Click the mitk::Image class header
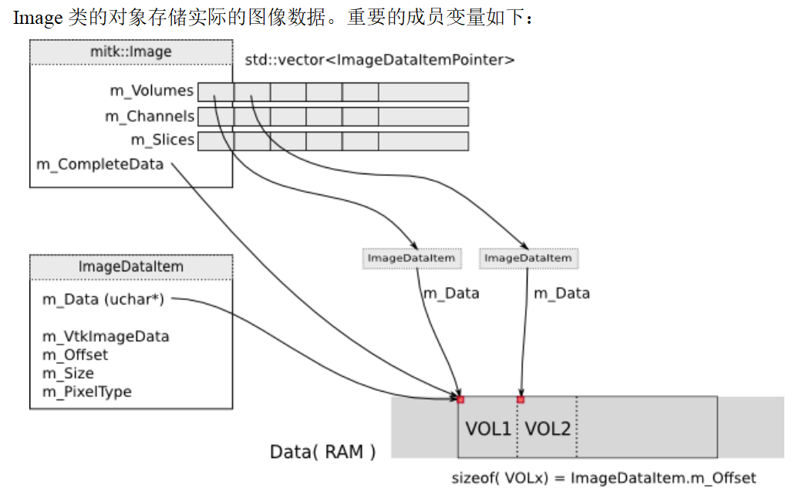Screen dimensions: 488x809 130,52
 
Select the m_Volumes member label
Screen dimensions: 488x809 151,91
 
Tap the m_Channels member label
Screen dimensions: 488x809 150,116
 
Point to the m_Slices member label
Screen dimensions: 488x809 162,140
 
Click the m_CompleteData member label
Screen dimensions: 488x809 100,164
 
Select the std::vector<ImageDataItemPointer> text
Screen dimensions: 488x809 379,59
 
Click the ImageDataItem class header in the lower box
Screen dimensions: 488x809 130,267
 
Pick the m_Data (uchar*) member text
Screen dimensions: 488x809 103,300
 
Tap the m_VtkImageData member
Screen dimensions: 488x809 106,336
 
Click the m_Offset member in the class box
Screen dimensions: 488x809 75,355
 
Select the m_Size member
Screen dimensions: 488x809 68,373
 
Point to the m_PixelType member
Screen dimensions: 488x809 86,392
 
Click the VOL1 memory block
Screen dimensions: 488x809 488,429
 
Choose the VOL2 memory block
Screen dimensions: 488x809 548,429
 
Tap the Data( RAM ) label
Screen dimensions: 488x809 322,452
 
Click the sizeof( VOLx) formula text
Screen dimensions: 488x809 603,478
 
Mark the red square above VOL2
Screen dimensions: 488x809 521,399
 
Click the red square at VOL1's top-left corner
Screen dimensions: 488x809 460,399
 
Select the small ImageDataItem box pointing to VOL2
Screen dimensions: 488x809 528,258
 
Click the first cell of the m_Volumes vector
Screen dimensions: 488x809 216,93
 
